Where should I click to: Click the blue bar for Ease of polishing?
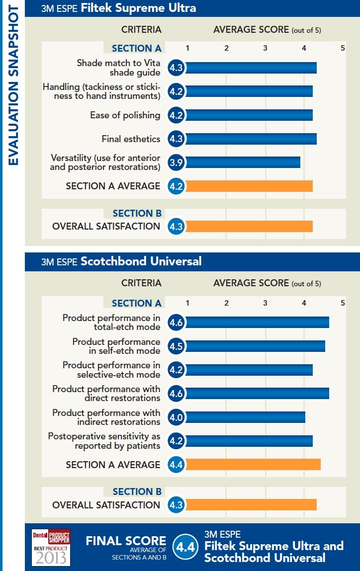pyautogui.click(x=249, y=115)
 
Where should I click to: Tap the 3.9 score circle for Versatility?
pyautogui.click(x=176, y=163)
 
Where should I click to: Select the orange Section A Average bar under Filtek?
pyautogui.click(x=249, y=186)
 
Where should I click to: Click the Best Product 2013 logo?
pyautogui.click(x=51, y=547)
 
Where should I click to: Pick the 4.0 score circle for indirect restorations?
pyautogui.click(x=176, y=417)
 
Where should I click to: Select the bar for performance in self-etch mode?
pyautogui.click(x=255, y=346)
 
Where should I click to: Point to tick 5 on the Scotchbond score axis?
pyautogui.click(x=342, y=303)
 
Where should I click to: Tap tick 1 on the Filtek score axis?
pyautogui.click(x=187, y=48)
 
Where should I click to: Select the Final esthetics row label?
pyautogui.click(x=131, y=139)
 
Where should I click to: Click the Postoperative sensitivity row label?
pyautogui.click(x=104, y=441)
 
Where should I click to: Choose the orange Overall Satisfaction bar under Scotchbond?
pyautogui.click(x=251, y=505)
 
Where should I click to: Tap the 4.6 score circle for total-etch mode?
pyautogui.click(x=176, y=323)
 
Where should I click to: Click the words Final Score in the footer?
pyautogui.click(x=126, y=541)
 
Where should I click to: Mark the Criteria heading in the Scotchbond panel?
pyautogui.click(x=141, y=283)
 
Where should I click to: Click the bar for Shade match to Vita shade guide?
pyautogui.click(x=251, y=68)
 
